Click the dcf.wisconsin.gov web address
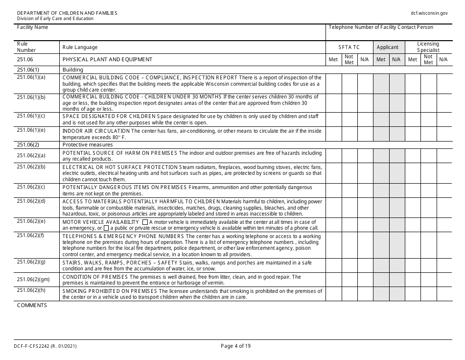click(x=429, y=13)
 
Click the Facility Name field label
click(x=32, y=27)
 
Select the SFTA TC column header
click(x=349, y=48)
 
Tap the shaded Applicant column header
click(x=388, y=48)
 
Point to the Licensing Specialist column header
click(x=428, y=47)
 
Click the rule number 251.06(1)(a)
click(x=31, y=77)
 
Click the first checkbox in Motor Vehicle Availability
click(x=144, y=222)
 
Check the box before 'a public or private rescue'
click(x=106, y=228)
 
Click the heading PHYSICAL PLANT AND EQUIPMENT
click(x=107, y=60)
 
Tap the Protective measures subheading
click(x=88, y=144)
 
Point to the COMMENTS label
click(x=32, y=305)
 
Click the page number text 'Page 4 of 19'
click(x=236, y=346)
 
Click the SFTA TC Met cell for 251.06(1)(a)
click(x=333, y=83)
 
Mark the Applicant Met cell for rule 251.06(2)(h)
click(x=380, y=294)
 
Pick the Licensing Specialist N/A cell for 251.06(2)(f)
click(x=444, y=245)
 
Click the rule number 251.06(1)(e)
click(x=31, y=130)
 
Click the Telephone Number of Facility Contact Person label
click(x=381, y=27)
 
